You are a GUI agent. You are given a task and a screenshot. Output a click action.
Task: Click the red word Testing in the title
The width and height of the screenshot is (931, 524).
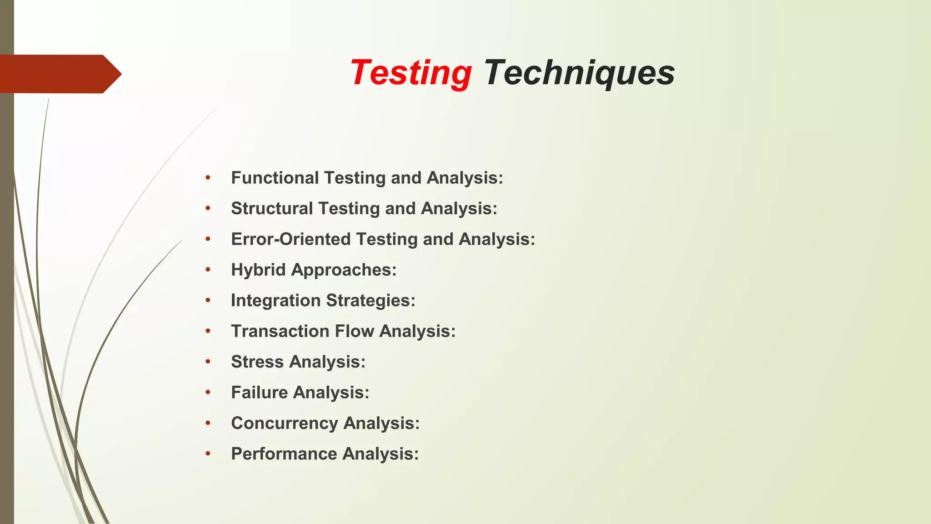pos(410,73)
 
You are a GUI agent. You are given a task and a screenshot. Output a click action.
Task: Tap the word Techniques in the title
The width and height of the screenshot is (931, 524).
pos(579,73)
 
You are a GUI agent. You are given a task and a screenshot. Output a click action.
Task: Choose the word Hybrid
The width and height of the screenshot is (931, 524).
pos(258,270)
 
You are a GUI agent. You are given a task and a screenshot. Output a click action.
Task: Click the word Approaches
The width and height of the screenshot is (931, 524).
pos(343,270)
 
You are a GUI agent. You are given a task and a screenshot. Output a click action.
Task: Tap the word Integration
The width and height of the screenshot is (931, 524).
pos(275,301)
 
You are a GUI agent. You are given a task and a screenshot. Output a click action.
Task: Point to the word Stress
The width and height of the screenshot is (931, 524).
pos(257,362)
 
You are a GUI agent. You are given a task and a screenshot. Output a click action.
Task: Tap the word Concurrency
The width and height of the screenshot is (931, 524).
pos(284,423)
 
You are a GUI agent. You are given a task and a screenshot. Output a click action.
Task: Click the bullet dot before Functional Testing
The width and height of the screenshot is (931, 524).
pos(208,178)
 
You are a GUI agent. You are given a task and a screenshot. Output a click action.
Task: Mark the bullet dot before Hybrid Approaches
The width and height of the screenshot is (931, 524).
pos(208,270)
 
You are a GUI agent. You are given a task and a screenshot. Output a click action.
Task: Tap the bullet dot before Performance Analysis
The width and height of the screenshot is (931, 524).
pos(208,454)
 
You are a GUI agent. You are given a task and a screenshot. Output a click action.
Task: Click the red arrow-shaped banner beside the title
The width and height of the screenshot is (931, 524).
pos(59,74)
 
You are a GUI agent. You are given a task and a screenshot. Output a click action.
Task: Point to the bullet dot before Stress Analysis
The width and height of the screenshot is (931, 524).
pos(208,362)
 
